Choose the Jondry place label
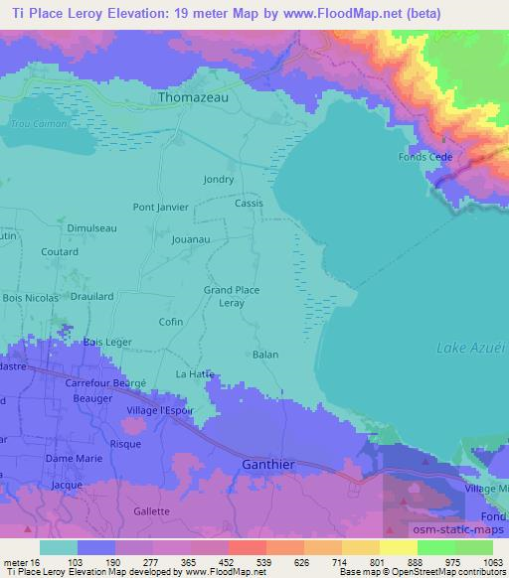click(219, 180)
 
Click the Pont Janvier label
click(161, 208)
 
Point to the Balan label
click(264, 355)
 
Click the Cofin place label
click(171, 322)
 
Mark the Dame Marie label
click(73, 458)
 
